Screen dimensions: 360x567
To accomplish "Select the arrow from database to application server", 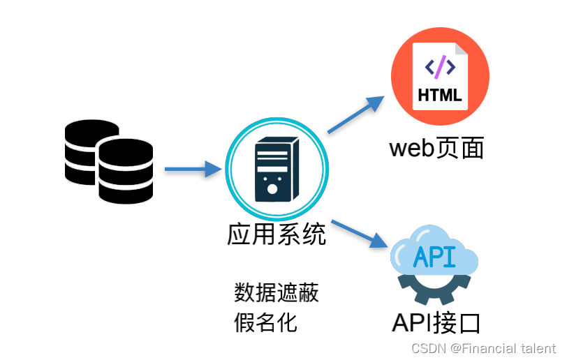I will pyautogui.click(x=193, y=168).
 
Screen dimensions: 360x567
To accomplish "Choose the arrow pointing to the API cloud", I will pyautogui.click(x=359, y=234).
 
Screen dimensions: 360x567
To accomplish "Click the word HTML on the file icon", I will pyautogui.click(x=440, y=95).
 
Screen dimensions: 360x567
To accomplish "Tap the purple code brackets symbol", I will pyautogui.click(x=441, y=67).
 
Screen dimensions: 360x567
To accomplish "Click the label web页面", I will pyautogui.click(x=436, y=148).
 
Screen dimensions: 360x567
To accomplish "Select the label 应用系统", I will pyautogui.click(x=277, y=234).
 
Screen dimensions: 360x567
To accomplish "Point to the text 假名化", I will pyautogui.click(x=265, y=322).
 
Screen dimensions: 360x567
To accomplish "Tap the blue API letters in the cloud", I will pyautogui.click(x=434, y=257).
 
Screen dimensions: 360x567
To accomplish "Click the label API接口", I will pyautogui.click(x=436, y=322).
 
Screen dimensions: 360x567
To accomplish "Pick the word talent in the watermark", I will pyautogui.click(x=538, y=347).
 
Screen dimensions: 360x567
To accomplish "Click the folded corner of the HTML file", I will pyautogui.click(x=462, y=49).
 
